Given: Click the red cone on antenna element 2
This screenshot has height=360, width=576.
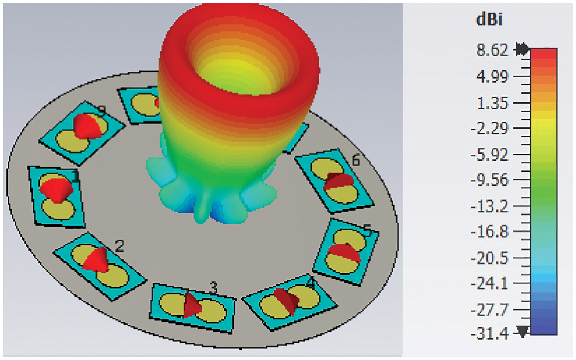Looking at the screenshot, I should point(95,260).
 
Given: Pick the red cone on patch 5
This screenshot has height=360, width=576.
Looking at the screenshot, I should point(343,251).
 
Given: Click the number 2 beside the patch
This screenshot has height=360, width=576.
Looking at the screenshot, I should point(119,247).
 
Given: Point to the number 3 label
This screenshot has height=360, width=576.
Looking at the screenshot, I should point(214,287).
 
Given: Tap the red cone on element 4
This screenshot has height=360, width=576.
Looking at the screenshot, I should point(287,300).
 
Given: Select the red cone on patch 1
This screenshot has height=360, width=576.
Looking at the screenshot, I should point(57,189).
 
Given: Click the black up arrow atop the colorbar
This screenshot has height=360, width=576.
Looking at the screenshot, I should point(521,49).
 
